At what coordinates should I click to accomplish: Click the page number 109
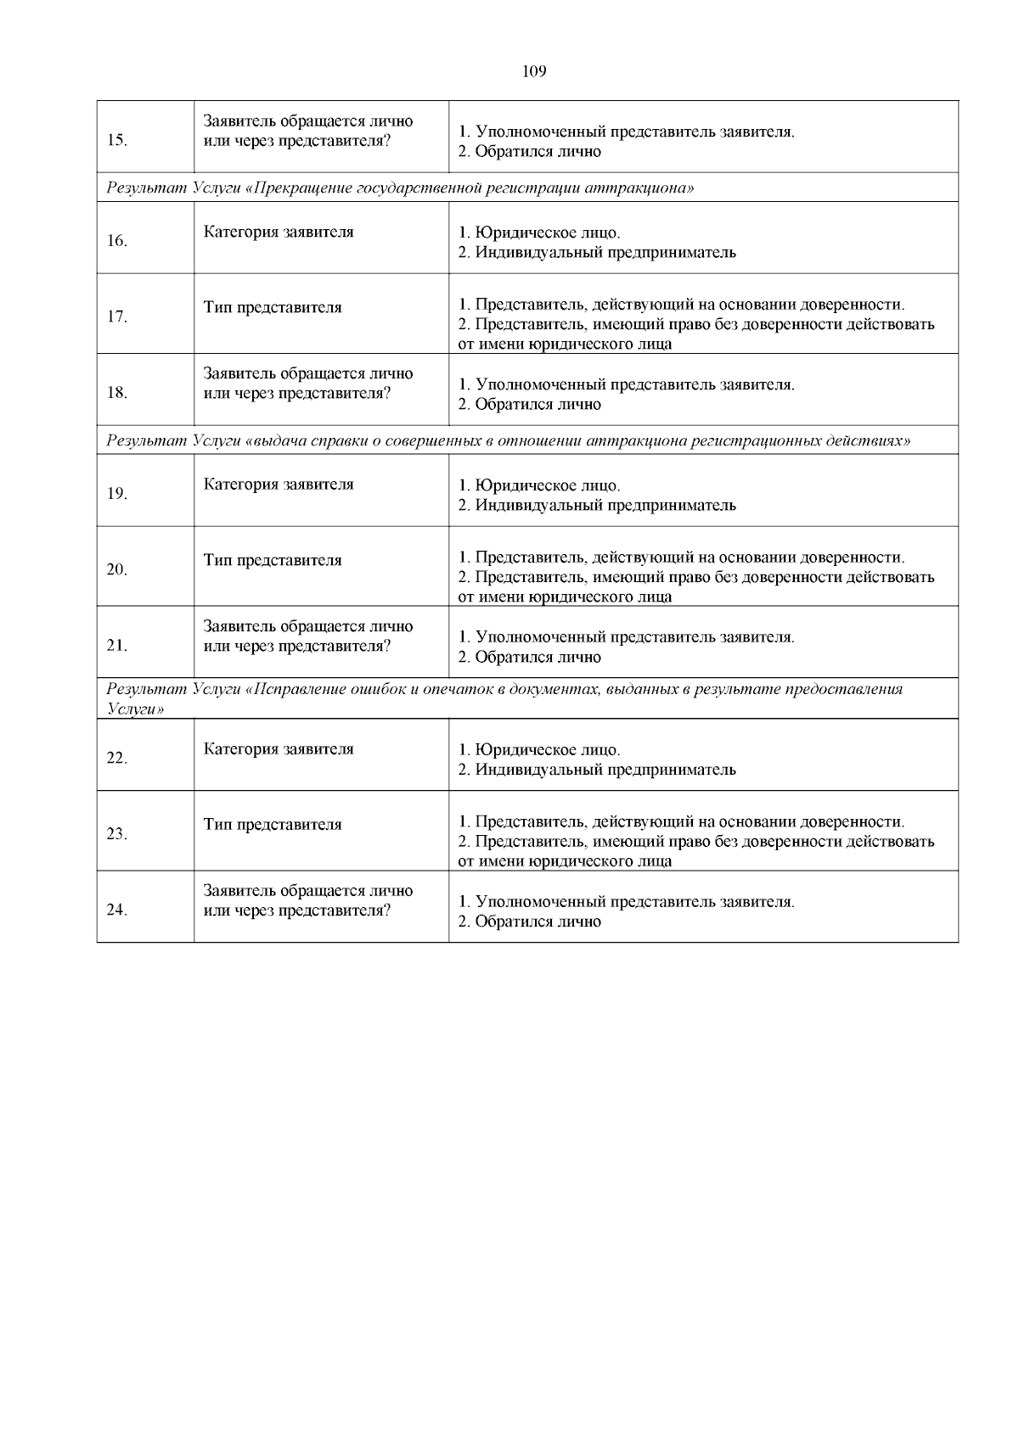(x=533, y=72)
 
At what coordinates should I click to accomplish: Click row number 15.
(x=117, y=141)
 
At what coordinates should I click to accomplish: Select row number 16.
(x=117, y=241)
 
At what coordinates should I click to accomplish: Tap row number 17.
(x=117, y=317)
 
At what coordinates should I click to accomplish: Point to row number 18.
(x=117, y=393)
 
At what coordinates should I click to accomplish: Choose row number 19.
(x=117, y=494)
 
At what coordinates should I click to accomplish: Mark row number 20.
(x=117, y=569)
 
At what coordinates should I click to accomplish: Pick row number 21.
(x=117, y=646)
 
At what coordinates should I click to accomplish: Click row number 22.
(x=117, y=759)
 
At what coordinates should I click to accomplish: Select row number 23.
(x=117, y=834)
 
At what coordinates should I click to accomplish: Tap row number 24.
(x=117, y=911)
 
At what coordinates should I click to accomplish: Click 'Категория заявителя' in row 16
(x=279, y=232)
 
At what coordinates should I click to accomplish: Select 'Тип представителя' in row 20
(x=273, y=560)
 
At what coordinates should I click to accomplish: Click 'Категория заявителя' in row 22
(x=279, y=749)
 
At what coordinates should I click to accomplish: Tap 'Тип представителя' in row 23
(x=273, y=825)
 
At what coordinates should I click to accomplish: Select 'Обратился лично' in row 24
(x=538, y=922)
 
